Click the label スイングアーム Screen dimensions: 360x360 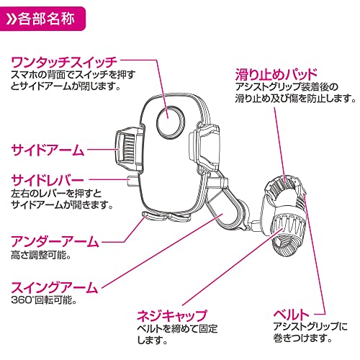click(x=54, y=287)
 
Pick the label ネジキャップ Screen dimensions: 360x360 click(x=172, y=315)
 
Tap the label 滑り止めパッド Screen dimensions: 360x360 click(x=278, y=73)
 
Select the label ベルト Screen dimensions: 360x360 click(x=292, y=314)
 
